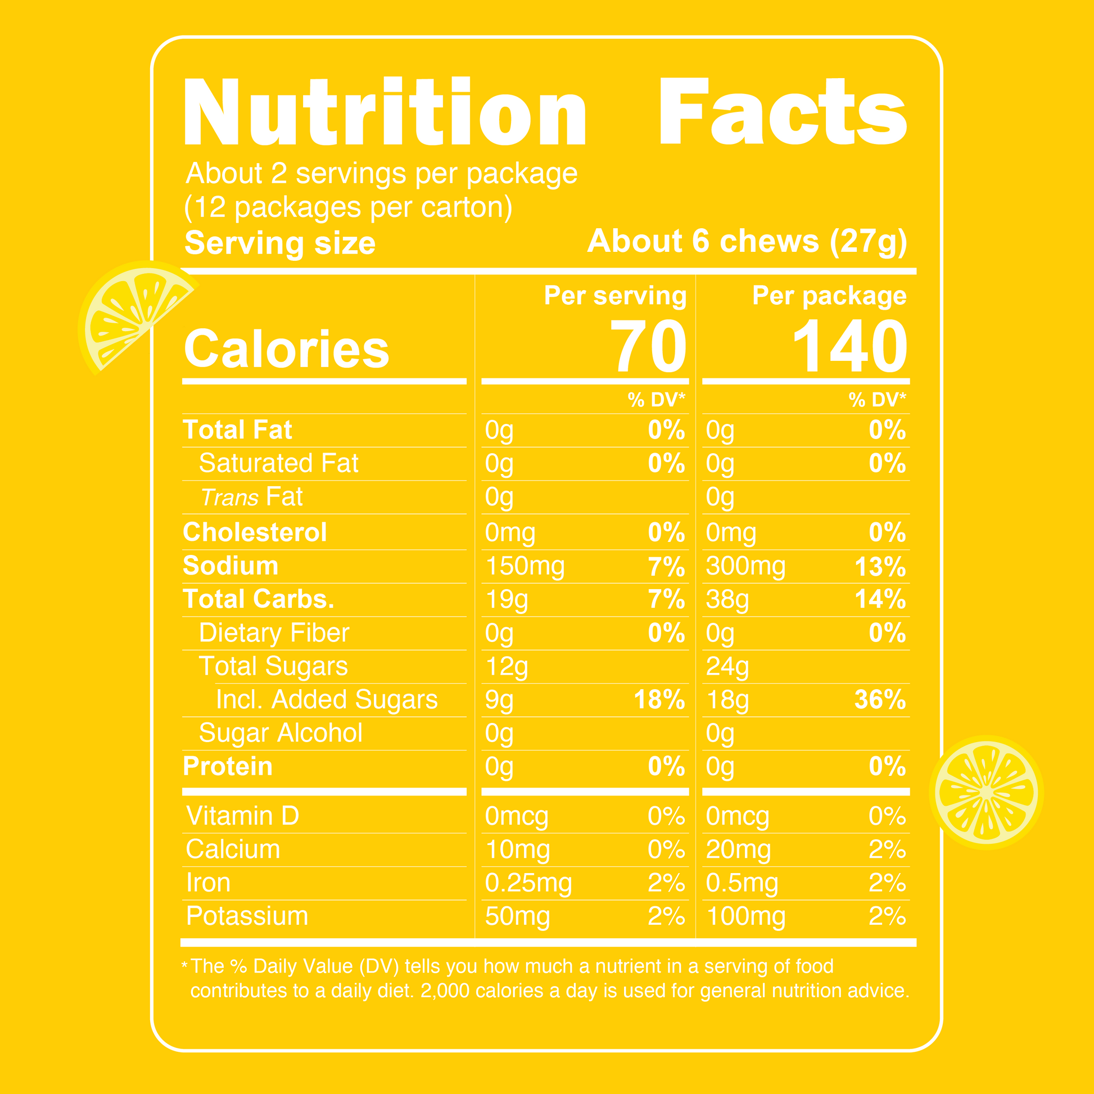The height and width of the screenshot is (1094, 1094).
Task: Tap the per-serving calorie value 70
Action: tap(648, 346)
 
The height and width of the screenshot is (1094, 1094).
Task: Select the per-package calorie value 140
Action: tap(850, 346)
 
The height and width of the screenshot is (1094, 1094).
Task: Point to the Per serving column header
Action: tap(615, 296)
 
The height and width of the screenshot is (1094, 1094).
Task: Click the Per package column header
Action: tap(829, 296)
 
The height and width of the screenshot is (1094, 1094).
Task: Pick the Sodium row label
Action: tap(230, 566)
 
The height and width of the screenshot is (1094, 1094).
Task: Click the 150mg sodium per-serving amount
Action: tap(525, 566)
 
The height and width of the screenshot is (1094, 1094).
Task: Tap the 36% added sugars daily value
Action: tap(880, 700)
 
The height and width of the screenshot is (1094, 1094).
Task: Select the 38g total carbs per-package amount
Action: tap(727, 600)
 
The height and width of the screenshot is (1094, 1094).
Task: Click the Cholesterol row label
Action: tap(255, 532)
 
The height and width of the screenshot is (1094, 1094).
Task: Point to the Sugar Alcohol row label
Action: tap(281, 733)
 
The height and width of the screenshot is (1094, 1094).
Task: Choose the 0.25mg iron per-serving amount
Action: tap(528, 883)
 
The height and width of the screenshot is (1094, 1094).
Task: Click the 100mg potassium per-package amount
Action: tap(746, 917)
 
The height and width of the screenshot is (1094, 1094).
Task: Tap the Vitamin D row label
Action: tap(242, 816)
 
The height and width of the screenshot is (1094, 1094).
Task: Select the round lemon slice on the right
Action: tap(987, 792)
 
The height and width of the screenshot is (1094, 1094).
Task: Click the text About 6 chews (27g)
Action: tap(747, 242)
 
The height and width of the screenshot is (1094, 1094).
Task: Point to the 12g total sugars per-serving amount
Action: tap(506, 667)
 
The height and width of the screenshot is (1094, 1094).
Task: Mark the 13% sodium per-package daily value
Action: tap(880, 566)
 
